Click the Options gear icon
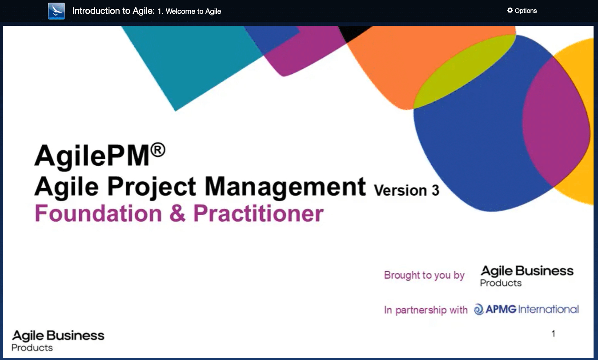coord(510,10)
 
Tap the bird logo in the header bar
coord(56,11)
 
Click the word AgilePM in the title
coord(92,156)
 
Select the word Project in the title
coord(152,187)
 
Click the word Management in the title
coord(285,187)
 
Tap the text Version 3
coord(406,190)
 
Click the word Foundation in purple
coord(98,213)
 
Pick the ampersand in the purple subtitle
coord(177,213)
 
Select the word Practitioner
coord(258,213)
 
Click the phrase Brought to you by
coord(424,275)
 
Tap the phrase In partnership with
coord(426,310)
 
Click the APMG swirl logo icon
coord(479,309)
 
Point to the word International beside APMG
coord(548,309)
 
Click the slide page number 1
coord(554,334)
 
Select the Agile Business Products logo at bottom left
coord(58,341)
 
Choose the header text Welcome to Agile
coord(193,11)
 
